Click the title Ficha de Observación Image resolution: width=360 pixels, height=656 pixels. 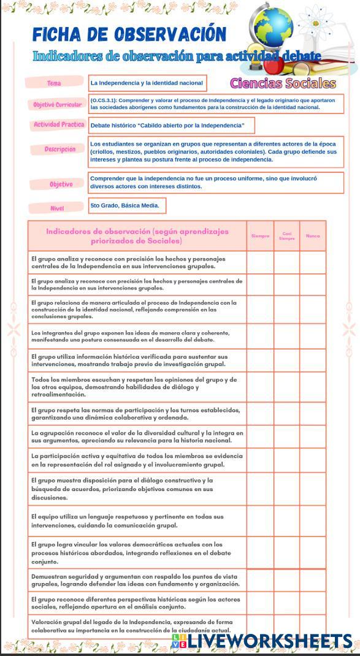point(129,34)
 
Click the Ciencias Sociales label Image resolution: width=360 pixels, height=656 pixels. point(283,83)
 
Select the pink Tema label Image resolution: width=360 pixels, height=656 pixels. point(54,83)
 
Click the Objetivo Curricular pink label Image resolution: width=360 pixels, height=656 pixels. point(57,105)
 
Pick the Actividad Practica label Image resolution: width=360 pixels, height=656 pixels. point(59,125)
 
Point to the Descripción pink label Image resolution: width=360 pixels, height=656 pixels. point(59,150)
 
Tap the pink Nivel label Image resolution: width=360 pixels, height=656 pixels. point(56,208)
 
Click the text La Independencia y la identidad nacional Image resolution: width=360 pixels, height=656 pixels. point(146,83)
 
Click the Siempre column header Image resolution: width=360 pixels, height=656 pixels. point(260,236)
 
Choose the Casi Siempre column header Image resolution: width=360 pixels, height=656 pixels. point(286,236)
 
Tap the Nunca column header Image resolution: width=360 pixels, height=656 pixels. point(313,236)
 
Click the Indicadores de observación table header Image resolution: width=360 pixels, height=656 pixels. point(137,236)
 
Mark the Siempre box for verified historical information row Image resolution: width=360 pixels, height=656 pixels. point(260,360)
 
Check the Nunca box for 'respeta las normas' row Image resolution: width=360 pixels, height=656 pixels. point(313,414)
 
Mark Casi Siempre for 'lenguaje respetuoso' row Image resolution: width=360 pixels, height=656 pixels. point(286,521)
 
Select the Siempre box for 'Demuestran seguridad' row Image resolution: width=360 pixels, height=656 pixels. point(260,580)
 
